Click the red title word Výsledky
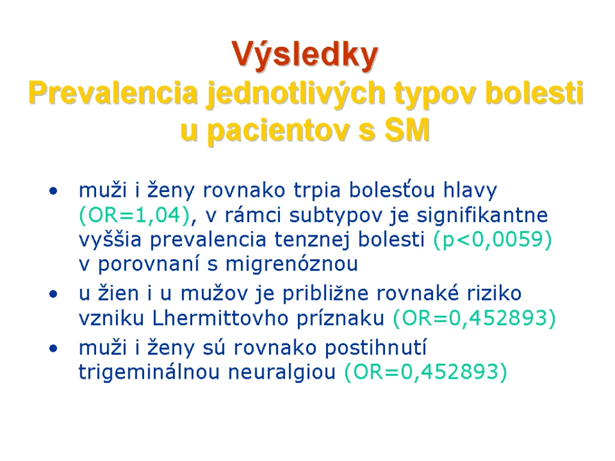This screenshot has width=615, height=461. pyautogui.click(x=304, y=55)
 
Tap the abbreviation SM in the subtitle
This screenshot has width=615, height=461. pyautogui.click(x=408, y=130)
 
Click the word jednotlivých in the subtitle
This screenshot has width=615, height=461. pyautogui.click(x=296, y=95)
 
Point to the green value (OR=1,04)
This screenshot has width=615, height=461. pyautogui.click(x=135, y=215)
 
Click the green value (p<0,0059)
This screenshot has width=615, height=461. pyautogui.click(x=492, y=239)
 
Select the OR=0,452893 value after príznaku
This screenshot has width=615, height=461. pyautogui.click(x=474, y=318)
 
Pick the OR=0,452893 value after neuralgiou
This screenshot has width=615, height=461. pyautogui.click(x=426, y=372)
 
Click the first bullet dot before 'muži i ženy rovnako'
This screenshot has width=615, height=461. pyautogui.click(x=53, y=191)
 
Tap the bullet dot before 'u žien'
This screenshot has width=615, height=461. pyautogui.click(x=53, y=294)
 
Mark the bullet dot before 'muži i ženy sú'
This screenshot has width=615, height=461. pyautogui.click(x=53, y=349)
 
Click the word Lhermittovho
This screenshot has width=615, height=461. pyautogui.click(x=220, y=318)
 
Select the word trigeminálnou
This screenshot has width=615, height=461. pyautogui.click(x=149, y=372)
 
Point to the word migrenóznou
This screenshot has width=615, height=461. pyautogui.click(x=291, y=264)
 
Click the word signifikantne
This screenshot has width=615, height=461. pyautogui.click(x=482, y=215)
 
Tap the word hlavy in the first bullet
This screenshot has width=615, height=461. pyautogui.click(x=470, y=191)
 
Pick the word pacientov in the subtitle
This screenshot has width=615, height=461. pyautogui.click(x=279, y=131)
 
